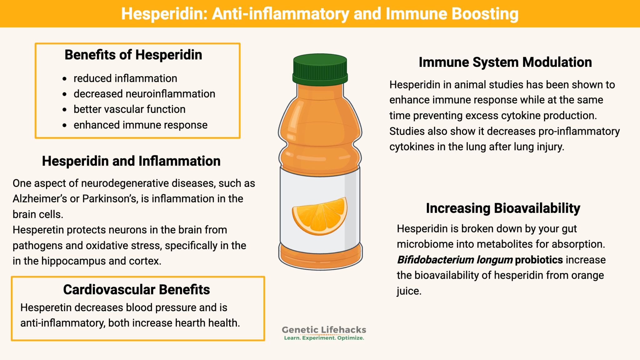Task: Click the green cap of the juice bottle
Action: (320, 69)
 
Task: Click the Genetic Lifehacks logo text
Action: (324, 330)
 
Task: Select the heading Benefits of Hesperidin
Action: (133, 55)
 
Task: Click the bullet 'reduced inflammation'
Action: (125, 78)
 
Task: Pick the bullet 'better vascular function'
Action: (129, 109)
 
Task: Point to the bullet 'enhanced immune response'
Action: (140, 125)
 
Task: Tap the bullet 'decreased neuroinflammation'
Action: (144, 94)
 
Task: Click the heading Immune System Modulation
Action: (505, 62)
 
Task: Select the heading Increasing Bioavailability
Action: (503, 208)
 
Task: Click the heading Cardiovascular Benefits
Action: (136, 290)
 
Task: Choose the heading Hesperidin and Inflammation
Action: (131, 161)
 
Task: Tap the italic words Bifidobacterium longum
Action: (455, 260)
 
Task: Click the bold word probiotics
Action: (539, 260)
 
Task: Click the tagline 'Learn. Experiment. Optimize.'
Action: (324, 338)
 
